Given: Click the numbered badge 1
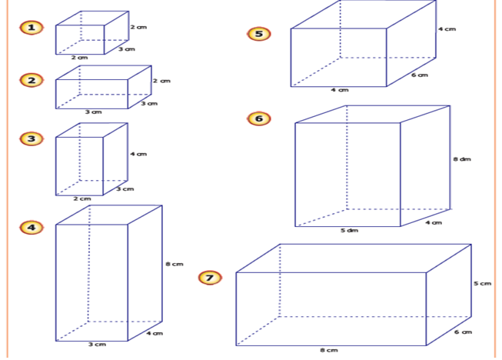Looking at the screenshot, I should (x=31, y=28).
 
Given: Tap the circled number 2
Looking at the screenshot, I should (x=31, y=80).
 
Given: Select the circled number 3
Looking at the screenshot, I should (x=31, y=138).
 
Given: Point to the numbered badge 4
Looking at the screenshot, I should (x=31, y=227).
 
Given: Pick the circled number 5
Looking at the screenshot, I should (x=259, y=34).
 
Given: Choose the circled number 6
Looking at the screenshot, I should (x=259, y=118).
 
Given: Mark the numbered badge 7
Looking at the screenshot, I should (x=210, y=277).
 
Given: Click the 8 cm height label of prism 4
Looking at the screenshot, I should (x=175, y=265).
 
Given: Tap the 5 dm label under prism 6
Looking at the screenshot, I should (x=349, y=230).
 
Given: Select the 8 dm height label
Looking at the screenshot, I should (x=461, y=159).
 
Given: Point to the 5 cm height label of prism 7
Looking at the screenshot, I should (x=482, y=284).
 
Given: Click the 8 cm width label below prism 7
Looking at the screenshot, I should (x=329, y=350).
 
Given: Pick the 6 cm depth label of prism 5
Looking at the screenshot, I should (x=419, y=75).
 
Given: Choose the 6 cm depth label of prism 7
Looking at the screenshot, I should (x=462, y=332).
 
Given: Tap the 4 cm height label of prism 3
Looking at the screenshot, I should (x=138, y=155).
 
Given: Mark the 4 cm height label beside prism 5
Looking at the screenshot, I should (x=447, y=29).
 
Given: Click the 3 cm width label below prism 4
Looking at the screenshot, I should (x=96, y=345).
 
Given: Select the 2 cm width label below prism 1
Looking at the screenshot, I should (x=79, y=58).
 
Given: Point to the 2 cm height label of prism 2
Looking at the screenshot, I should (x=161, y=81).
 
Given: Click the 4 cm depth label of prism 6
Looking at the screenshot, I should (x=434, y=223).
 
